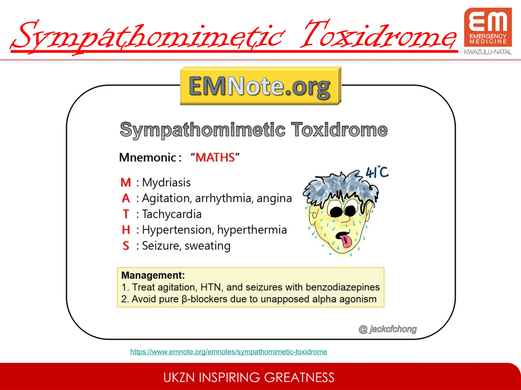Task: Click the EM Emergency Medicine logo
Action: pyautogui.click(x=488, y=27)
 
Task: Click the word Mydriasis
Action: pyautogui.click(x=166, y=183)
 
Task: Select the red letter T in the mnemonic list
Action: pyautogui.click(x=126, y=214)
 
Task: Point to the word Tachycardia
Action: pyautogui.click(x=172, y=214)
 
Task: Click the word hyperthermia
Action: pyautogui.click(x=252, y=230)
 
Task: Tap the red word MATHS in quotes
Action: pyautogui.click(x=215, y=157)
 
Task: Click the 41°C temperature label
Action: pyautogui.click(x=377, y=172)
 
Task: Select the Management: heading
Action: pyautogui.click(x=153, y=275)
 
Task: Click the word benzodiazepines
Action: pyautogui.click(x=342, y=287)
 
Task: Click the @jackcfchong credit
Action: pyautogui.click(x=387, y=329)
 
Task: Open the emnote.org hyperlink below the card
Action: pyautogui.click(x=228, y=352)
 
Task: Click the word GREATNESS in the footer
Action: pyautogui.click(x=299, y=378)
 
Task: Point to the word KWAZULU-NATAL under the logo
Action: pyautogui.click(x=488, y=52)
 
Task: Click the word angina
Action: pyautogui.click(x=274, y=198)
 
